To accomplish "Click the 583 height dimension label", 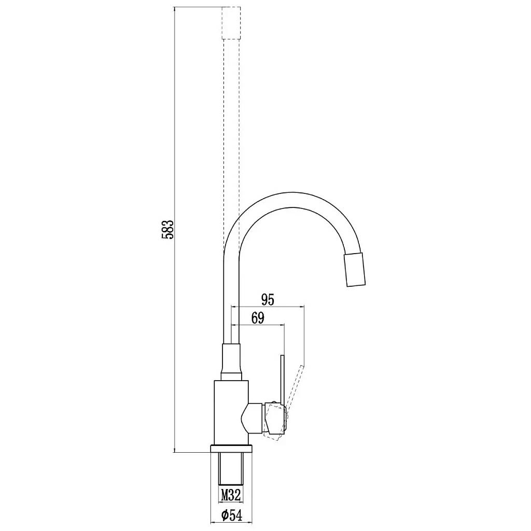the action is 167,230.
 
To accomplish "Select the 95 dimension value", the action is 268,300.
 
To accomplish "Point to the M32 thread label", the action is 231,495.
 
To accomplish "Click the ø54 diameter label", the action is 232,515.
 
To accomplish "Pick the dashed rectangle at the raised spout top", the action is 231,22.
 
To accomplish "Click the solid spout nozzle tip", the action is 355,270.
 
